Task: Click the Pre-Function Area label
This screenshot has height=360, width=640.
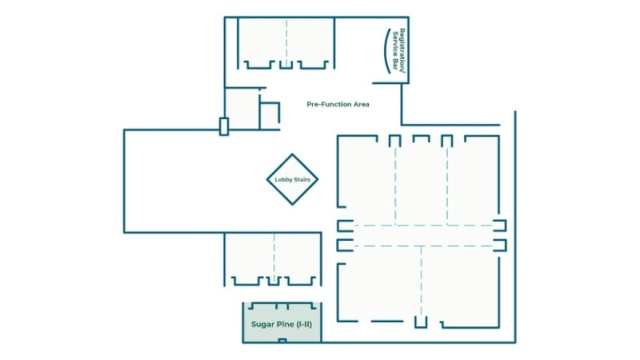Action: [x=338, y=104]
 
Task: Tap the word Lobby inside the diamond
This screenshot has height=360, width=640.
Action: [x=283, y=179]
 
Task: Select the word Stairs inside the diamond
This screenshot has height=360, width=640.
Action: [x=302, y=179]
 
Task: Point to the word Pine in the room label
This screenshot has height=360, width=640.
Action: [x=285, y=324]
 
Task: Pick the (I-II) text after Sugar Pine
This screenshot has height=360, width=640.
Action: [x=304, y=324]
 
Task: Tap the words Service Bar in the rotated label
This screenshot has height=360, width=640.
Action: [x=395, y=50]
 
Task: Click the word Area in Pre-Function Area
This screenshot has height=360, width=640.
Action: [x=361, y=104]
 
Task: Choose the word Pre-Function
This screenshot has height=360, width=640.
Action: [x=329, y=104]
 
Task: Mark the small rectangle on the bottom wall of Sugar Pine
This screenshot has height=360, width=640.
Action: [x=283, y=341]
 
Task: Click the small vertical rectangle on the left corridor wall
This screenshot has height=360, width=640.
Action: [x=224, y=127]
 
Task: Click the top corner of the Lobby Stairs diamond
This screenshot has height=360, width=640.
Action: [x=292, y=154]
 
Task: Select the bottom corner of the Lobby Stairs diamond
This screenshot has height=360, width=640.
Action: [x=292, y=205]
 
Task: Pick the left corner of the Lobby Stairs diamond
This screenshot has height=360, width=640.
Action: [x=267, y=179]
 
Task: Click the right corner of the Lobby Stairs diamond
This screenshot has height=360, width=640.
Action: [x=317, y=179]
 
